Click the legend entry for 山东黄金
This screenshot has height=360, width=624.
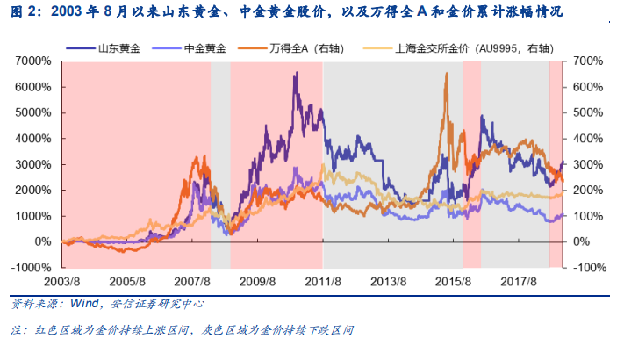pyautogui.click(x=103, y=48)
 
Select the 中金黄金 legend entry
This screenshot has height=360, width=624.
pyautogui.click(x=189, y=48)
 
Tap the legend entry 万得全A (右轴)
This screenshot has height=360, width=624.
pyautogui.click(x=290, y=48)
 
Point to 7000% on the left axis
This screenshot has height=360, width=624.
pyautogui.click(x=33, y=61)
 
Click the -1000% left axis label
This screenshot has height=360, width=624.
pyautogui.click(x=31, y=267)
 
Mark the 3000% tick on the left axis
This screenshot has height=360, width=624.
pyautogui.click(x=33, y=164)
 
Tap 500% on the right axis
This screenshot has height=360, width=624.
pyautogui.click(x=588, y=112)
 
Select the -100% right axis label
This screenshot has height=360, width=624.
pyautogui.click(x=590, y=267)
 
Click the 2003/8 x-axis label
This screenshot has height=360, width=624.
pyautogui.click(x=61, y=282)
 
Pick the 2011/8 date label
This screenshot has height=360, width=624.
pyautogui.click(x=323, y=282)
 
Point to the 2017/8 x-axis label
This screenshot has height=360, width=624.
pyautogui.click(x=519, y=282)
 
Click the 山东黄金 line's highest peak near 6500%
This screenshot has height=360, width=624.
pyautogui.click(x=297, y=73)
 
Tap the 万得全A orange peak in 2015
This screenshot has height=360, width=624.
pyautogui.click(x=447, y=73)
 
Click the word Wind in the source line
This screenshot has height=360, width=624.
pyautogui.click(x=84, y=304)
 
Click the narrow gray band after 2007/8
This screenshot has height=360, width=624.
pyautogui.click(x=220, y=164)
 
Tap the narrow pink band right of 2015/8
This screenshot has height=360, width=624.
pyautogui.click(x=472, y=164)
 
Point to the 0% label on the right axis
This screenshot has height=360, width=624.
pyautogui.click(x=581, y=241)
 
